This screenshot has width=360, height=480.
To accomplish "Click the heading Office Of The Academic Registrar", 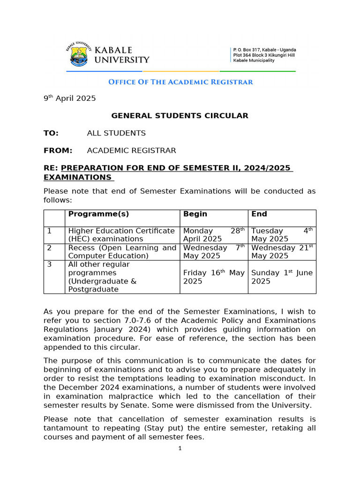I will pos(180,82).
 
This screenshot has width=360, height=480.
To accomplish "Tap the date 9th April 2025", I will pos(69,98).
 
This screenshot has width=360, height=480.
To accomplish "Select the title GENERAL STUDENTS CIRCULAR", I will pos(180,116).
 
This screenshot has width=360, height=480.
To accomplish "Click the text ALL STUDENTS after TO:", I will pos(116,133).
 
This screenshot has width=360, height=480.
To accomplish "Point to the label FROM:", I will pos(58,150).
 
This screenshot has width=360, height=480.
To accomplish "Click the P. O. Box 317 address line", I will pos(264,50).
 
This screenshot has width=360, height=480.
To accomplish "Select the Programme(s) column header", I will pos(98,214).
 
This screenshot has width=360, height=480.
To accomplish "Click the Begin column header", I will pos(195,214).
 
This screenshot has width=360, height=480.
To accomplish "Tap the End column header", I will pos(259,214).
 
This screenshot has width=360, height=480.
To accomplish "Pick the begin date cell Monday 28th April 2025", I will pos(214,235).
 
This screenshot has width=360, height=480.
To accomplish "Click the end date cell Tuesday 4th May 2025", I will pos(282,235).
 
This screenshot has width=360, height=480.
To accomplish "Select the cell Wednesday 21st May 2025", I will pos(282,252).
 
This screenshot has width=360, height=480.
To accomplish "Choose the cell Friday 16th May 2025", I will pos(214,277).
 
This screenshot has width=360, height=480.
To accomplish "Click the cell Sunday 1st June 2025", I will pos(282,277).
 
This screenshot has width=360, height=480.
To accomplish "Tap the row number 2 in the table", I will pos(49,248).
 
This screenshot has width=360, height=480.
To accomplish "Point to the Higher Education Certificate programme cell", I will pos(121,235).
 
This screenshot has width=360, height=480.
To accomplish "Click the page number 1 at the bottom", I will pos(180,448).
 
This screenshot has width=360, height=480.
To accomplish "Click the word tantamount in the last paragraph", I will pos(66,428).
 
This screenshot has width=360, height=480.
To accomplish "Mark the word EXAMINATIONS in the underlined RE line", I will pos(77,177).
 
